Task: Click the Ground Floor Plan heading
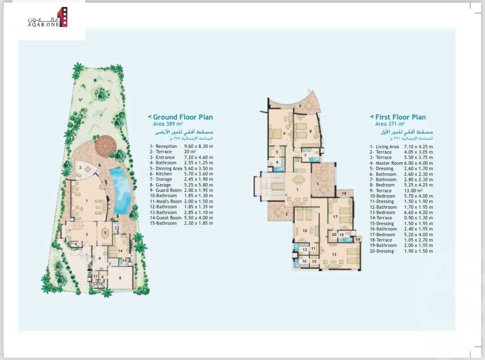183,117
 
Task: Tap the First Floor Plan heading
400,117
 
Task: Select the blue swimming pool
121,189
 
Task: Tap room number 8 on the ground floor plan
120,278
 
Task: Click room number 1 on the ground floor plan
87,201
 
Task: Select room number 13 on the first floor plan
334,255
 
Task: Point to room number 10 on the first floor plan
305,231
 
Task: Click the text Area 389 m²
168,124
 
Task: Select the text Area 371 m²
390,124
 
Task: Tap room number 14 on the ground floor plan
120,250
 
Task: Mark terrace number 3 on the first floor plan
318,183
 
